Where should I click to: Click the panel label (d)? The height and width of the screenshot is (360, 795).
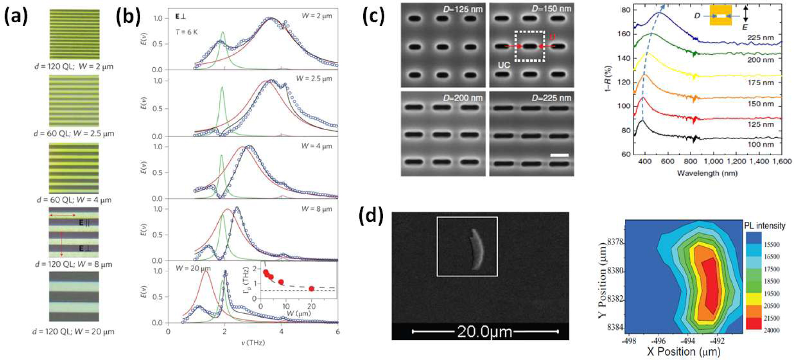[x=371, y=217]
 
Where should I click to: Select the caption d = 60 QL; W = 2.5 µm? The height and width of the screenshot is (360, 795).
[x=74, y=133]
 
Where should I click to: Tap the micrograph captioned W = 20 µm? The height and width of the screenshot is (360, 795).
[x=74, y=296]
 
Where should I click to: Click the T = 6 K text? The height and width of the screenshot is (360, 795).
[x=187, y=33]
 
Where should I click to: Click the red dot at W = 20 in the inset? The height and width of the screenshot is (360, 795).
[x=311, y=289]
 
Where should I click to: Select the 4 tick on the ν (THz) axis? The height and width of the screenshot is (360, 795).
[x=281, y=331]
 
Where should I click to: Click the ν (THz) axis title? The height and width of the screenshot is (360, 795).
[x=253, y=343]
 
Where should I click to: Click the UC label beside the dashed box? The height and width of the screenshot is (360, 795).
[x=504, y=65]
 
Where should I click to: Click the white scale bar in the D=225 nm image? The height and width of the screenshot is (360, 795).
[x=559, y=155]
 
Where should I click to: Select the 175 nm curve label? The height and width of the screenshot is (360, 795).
[x=760, y=82]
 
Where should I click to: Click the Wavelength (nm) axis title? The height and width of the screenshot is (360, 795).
[x=707, y=173]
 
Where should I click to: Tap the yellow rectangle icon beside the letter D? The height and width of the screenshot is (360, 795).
[x=721, y=15]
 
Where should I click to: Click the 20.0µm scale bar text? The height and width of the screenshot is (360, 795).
[x=485, y=332]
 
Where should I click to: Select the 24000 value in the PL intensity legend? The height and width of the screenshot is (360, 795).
[x=772, y=330]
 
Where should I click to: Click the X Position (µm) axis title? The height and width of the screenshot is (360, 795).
[x=683, y=352]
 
